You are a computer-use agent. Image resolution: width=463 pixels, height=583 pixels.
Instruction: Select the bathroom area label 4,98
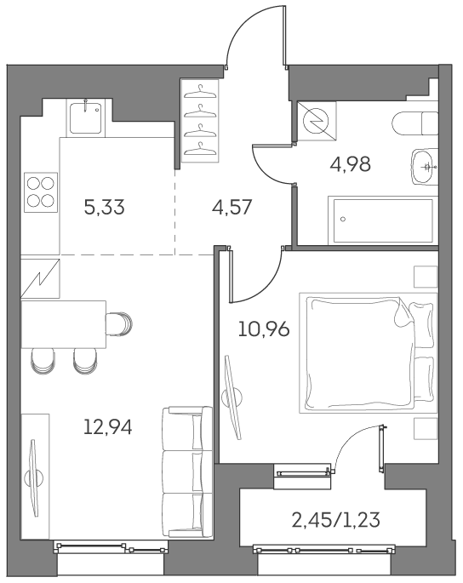pos(351,164)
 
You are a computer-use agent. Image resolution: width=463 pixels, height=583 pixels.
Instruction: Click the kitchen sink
pos(85,117)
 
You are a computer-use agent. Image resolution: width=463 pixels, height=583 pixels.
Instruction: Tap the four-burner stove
pos(40,191)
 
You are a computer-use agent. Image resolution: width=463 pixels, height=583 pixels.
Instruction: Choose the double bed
pos(366,352)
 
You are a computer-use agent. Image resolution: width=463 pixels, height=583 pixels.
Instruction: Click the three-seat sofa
pos(186,472)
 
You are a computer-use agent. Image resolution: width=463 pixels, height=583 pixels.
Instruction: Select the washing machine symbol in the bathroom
pos(317,123)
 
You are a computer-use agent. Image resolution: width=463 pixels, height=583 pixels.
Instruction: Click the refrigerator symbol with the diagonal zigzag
pos(39,277)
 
